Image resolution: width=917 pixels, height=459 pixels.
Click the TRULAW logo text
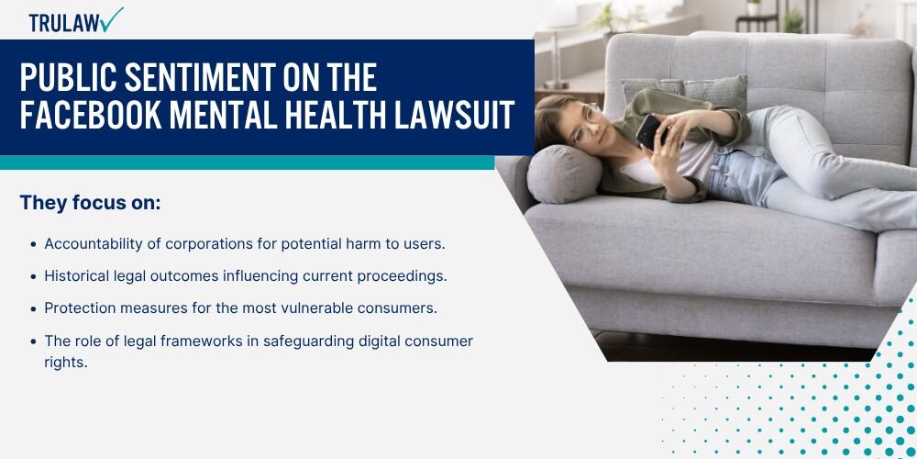click(64, 23)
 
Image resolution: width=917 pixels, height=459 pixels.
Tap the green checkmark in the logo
click(111, 18)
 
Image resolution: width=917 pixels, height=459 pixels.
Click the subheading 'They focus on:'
click(90, 203)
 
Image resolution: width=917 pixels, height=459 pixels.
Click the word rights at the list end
click(65, 363)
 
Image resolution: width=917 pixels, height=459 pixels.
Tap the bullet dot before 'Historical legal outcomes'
click(33, 277)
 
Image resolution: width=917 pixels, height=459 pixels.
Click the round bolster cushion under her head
click(564, 174)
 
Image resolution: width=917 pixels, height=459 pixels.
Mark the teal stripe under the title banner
click(248, 162)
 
